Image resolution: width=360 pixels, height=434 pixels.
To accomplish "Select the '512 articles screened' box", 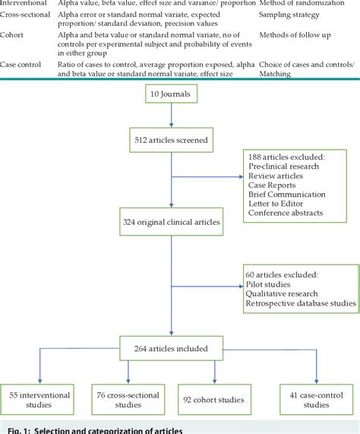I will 170,139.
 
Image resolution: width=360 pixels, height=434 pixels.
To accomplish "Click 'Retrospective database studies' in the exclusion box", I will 299,303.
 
